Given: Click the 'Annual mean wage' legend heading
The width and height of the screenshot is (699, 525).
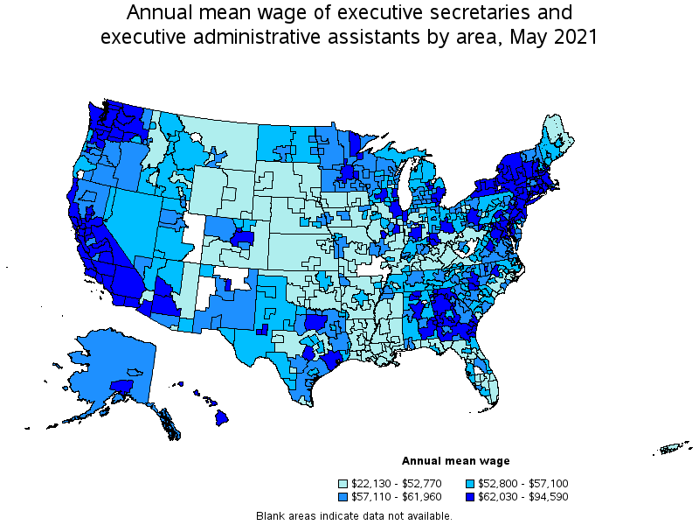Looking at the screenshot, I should (455, 460).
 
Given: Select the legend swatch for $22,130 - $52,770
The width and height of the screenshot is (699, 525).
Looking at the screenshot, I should (344, 483).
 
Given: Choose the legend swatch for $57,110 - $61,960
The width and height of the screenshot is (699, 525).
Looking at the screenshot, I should (344, 496).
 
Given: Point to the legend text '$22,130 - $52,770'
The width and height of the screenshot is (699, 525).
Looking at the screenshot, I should (396, 483).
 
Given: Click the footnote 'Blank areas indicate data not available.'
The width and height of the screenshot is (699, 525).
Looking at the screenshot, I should (354, 515).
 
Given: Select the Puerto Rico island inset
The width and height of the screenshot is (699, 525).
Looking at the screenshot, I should (671, 450).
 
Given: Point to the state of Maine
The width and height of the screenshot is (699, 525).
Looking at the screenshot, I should (554, 136).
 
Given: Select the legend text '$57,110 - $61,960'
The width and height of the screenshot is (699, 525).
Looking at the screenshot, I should (396, 496).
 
